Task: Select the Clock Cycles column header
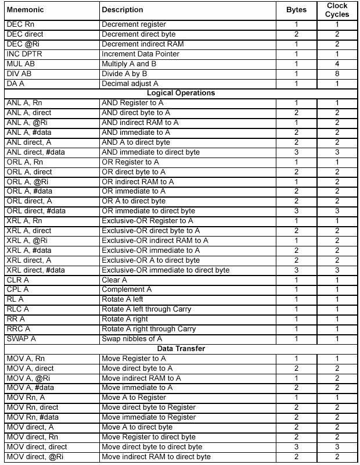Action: click(x=337, y=10)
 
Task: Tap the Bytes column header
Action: click(x=296, y=10)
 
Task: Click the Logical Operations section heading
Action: click(x=181, y=93)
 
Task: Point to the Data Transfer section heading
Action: click(x=181, y=349)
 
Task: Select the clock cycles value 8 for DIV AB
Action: click(x=337, y=74)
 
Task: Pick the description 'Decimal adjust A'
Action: click(x=129, y=84)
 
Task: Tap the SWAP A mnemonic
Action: click(x=21, y=339)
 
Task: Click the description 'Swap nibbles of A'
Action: click(x=131, y=339)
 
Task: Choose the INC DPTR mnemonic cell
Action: click(x=23, y=54)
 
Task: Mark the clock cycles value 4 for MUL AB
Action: click(x=337, y=64)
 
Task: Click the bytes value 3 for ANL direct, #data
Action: click(x=296, y=152)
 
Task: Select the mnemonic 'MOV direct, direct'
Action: click(x=37, y=447)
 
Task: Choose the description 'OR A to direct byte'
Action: click(x=134, y=201)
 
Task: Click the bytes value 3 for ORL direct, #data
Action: click(x=296, y=211)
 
